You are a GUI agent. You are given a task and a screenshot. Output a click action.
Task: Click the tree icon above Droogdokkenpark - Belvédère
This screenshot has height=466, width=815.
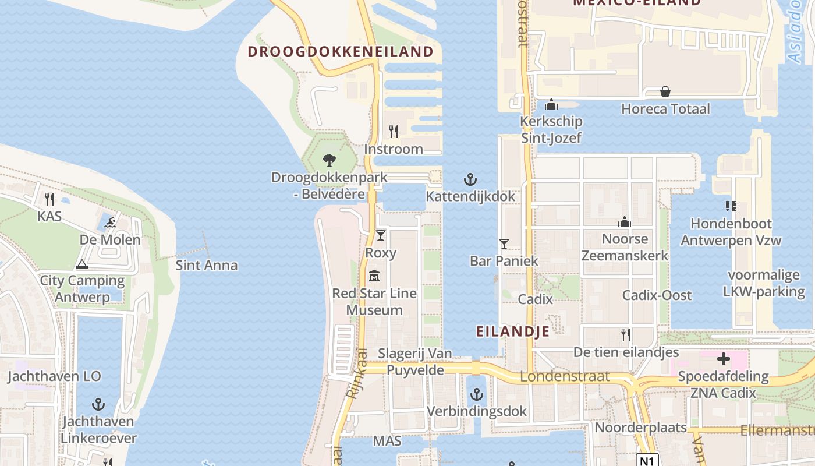click(329, 160)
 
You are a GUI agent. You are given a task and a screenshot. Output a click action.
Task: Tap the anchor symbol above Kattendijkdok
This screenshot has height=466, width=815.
click(470, 179)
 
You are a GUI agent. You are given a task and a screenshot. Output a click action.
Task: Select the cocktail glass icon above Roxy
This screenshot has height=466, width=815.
click(380, 235)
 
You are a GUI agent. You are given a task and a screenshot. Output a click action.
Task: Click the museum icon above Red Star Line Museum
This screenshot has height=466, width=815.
click(374, 276)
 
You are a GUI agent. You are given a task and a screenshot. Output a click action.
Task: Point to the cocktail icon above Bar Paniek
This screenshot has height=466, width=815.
click(504, 243)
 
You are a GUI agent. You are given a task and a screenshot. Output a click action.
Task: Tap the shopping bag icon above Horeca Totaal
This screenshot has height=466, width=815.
click(665, 91)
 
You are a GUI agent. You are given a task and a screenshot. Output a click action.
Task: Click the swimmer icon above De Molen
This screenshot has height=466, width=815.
click(110, 222)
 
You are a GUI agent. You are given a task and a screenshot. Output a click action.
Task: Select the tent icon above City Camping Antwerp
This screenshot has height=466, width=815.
click(82, 264)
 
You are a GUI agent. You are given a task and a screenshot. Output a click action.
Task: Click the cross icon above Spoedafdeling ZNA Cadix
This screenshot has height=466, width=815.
click(723, 359)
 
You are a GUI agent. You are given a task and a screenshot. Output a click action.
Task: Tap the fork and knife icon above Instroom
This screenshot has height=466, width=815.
click(394, 132)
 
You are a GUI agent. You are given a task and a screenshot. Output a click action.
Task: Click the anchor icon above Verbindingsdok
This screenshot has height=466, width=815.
click(477, 394)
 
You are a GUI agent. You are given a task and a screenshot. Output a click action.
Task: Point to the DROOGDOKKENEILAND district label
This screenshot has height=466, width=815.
click(341, 51)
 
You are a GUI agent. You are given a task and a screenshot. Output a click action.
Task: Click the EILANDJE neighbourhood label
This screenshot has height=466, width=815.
click(513, 331)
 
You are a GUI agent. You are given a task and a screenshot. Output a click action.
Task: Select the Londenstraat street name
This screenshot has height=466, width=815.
click(565, 376)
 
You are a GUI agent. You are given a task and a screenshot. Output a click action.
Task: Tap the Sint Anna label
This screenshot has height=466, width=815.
click(207, 266)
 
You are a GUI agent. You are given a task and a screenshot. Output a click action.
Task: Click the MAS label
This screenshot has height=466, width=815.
click(387, 441)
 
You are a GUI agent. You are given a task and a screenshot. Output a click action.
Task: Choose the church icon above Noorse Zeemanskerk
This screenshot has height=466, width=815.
click(625, 222)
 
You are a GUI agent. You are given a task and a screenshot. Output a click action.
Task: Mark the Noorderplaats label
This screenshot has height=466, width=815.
click(640, 428)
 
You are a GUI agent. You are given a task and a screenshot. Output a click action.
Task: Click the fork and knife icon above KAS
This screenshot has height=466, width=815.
click(49, 199)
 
